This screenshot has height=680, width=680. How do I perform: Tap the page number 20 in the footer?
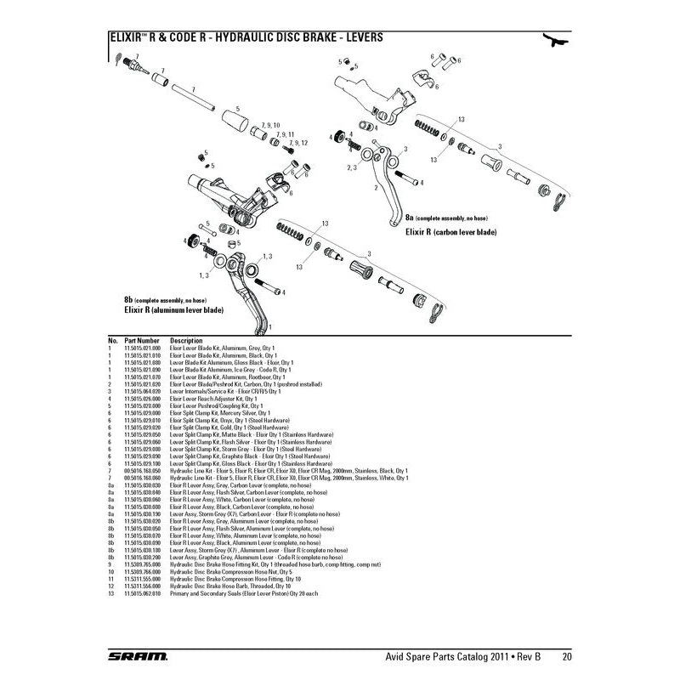click(566, 656)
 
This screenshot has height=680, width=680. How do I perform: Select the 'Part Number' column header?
click(141, 340)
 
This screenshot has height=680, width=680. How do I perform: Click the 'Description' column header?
click(186, 340)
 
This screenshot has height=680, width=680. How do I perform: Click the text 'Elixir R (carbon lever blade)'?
click(450, 231)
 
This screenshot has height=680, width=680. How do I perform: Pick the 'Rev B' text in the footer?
click(535, 656)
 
